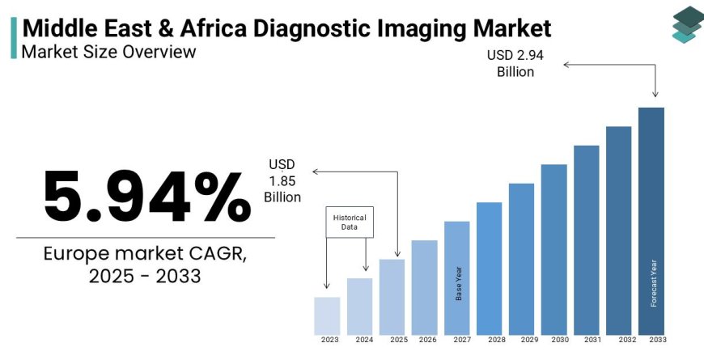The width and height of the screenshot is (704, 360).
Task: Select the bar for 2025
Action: tap(392, 297)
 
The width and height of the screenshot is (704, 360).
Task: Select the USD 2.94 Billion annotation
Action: tap(510, 63)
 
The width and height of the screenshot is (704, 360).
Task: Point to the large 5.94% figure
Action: tap(146, 197)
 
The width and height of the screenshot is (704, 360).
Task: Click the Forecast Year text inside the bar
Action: tap(652, 283)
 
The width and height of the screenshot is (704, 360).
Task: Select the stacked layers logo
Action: tap(688, 24)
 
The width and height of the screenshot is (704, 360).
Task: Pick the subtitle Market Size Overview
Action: tap(108, 52)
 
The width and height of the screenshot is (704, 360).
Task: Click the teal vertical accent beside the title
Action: tap(14, 37)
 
